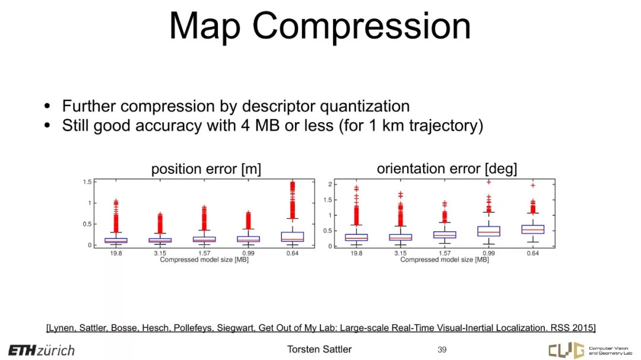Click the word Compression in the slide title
pyautogui.click(x=362, y=26)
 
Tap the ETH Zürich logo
pyautogui.click(x=42, y=350)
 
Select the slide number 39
pyautogui.click(x=442, y=350)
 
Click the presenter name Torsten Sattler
pyautogui.click(x=319, y=349)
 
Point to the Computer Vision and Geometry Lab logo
pyautogui.click(x=590, y=350)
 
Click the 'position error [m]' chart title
pyautogui.click(x=206, y=169)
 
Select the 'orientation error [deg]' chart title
pyautogui.click(x=447, y=168)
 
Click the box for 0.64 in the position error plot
pyautogui.click(x=292, y=237)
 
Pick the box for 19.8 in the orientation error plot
pyautogui.click(x=357, y=237)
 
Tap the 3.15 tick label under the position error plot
pyautogui.click(x=160, y=253)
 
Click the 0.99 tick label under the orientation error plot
pyautogui.click(x=488, y=253)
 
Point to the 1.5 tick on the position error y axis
pyautogui.click(x=87, y=182)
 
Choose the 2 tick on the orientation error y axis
pyautogui.click(x=330, y=184)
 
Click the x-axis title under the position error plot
pyautogui.click(x=204, y=260)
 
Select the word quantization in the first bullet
pyautogui.click(x=364, y=106)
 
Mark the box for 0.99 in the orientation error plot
pyautogui.click(x=488, y=231)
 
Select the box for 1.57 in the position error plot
pyautogui.click(x=204, y=240)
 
